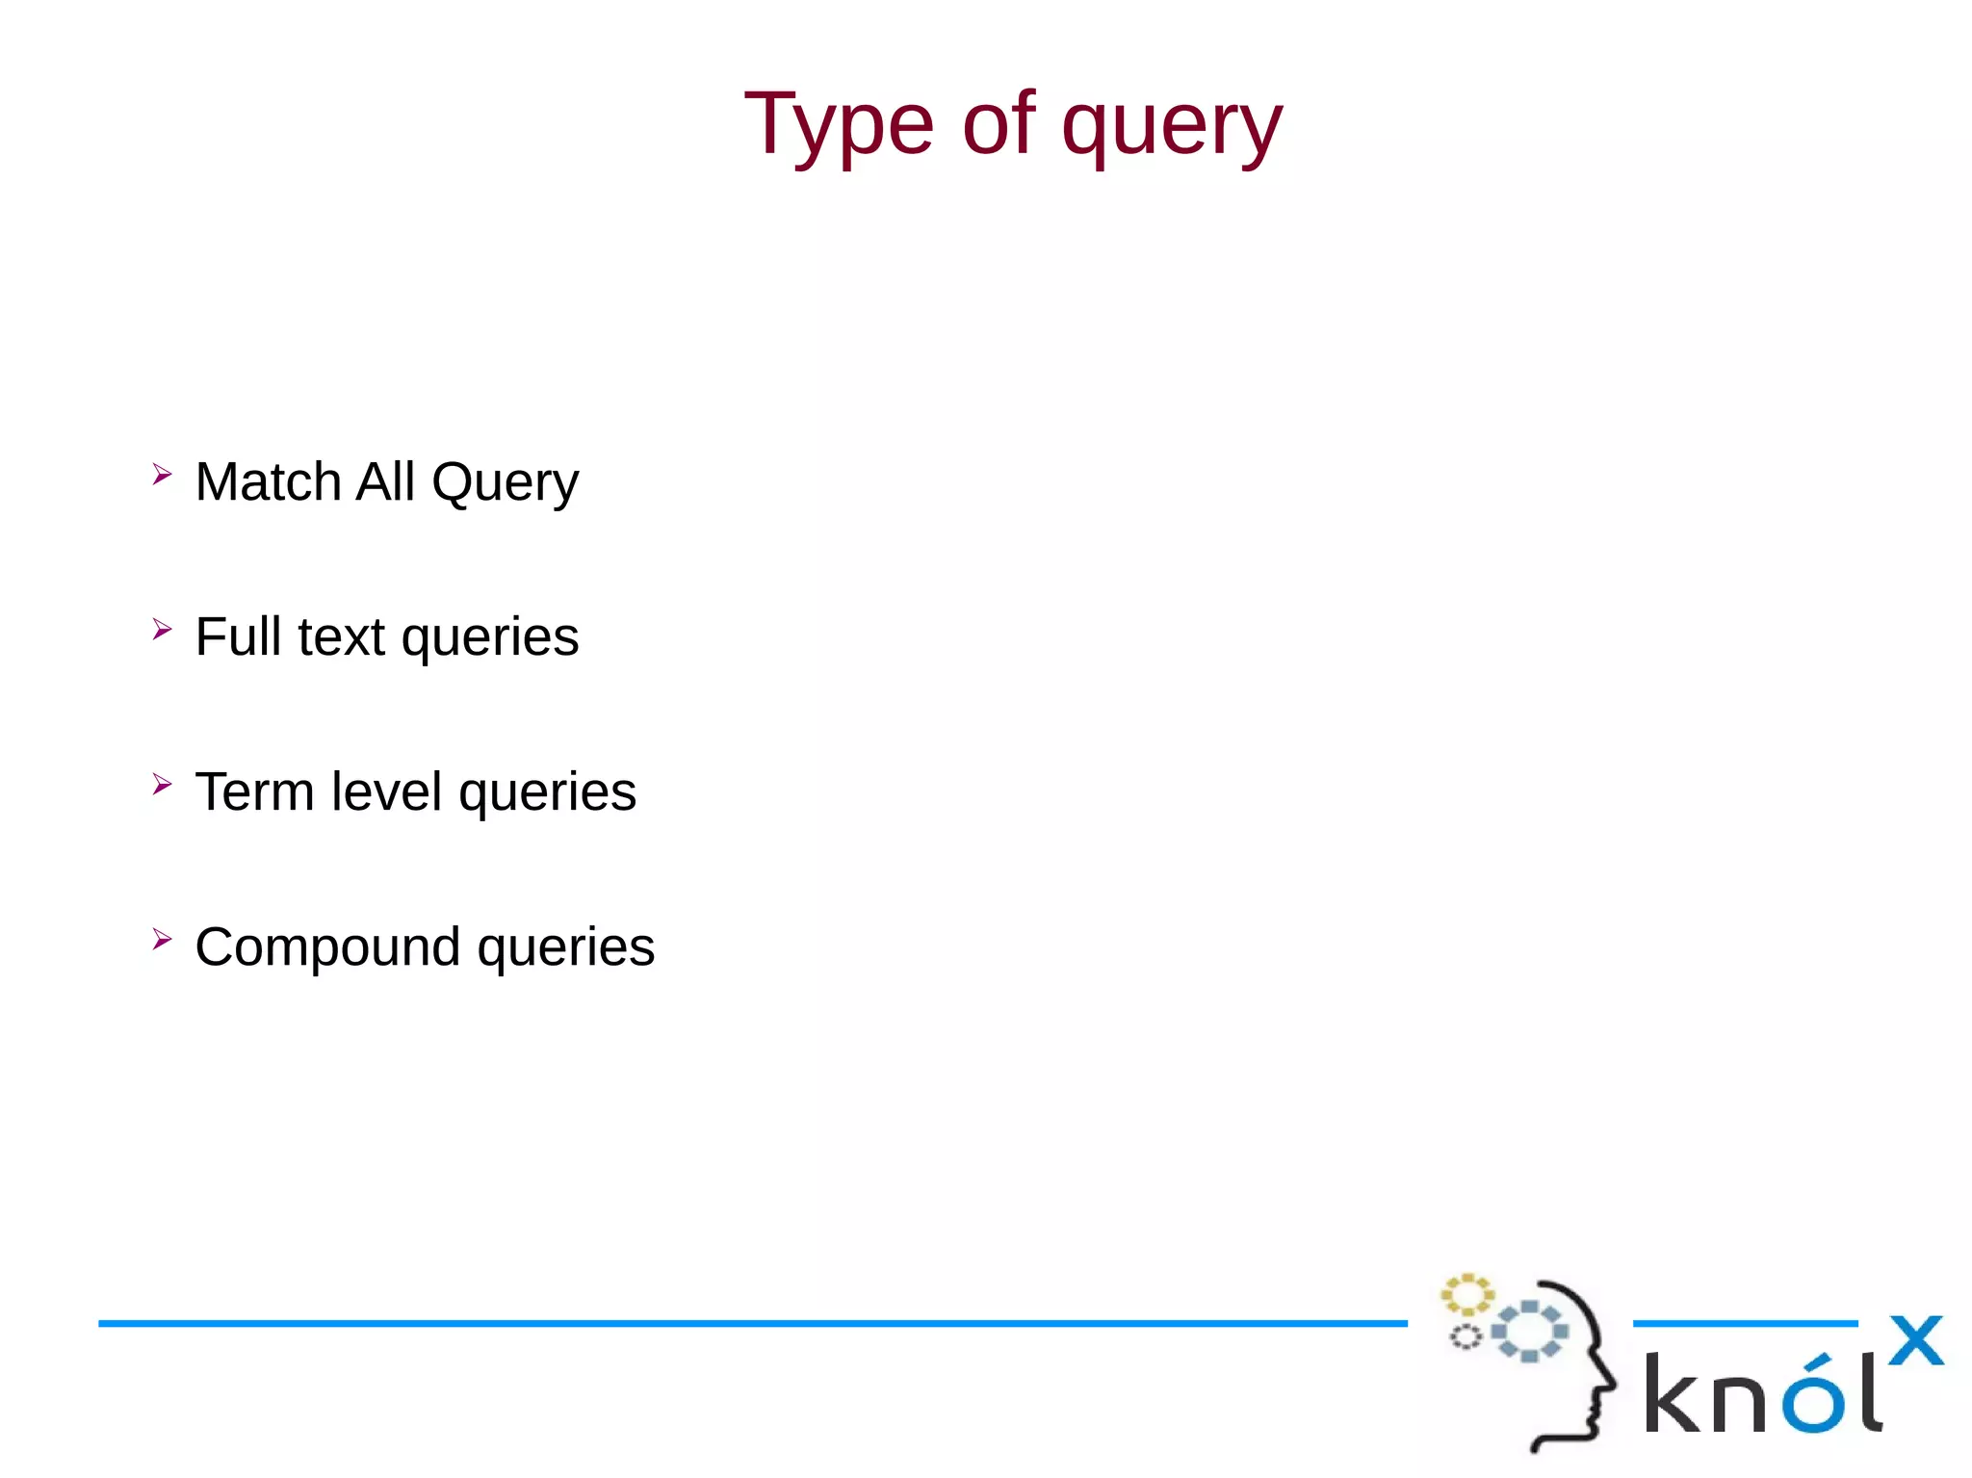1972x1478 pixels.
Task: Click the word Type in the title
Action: click(x=838, y=125)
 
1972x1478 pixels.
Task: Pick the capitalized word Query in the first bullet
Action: click(x=505, y=483)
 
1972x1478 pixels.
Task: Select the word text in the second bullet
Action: click(x=341, y=637)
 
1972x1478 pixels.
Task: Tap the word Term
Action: click(x=254, y=791)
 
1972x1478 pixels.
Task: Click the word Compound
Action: click(x=327, y=947)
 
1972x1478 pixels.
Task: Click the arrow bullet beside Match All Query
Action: click(x=162, y=474)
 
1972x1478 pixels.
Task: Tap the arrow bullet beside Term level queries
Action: click(x=162, y=784)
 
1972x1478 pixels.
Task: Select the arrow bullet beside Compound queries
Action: click(x=162, y=939)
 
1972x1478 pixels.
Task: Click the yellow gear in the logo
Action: click(x=1466, y=1295)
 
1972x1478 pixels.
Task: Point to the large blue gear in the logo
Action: click(x=1529, y=1332)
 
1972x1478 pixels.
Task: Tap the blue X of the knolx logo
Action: click(x=1916, y=1340)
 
